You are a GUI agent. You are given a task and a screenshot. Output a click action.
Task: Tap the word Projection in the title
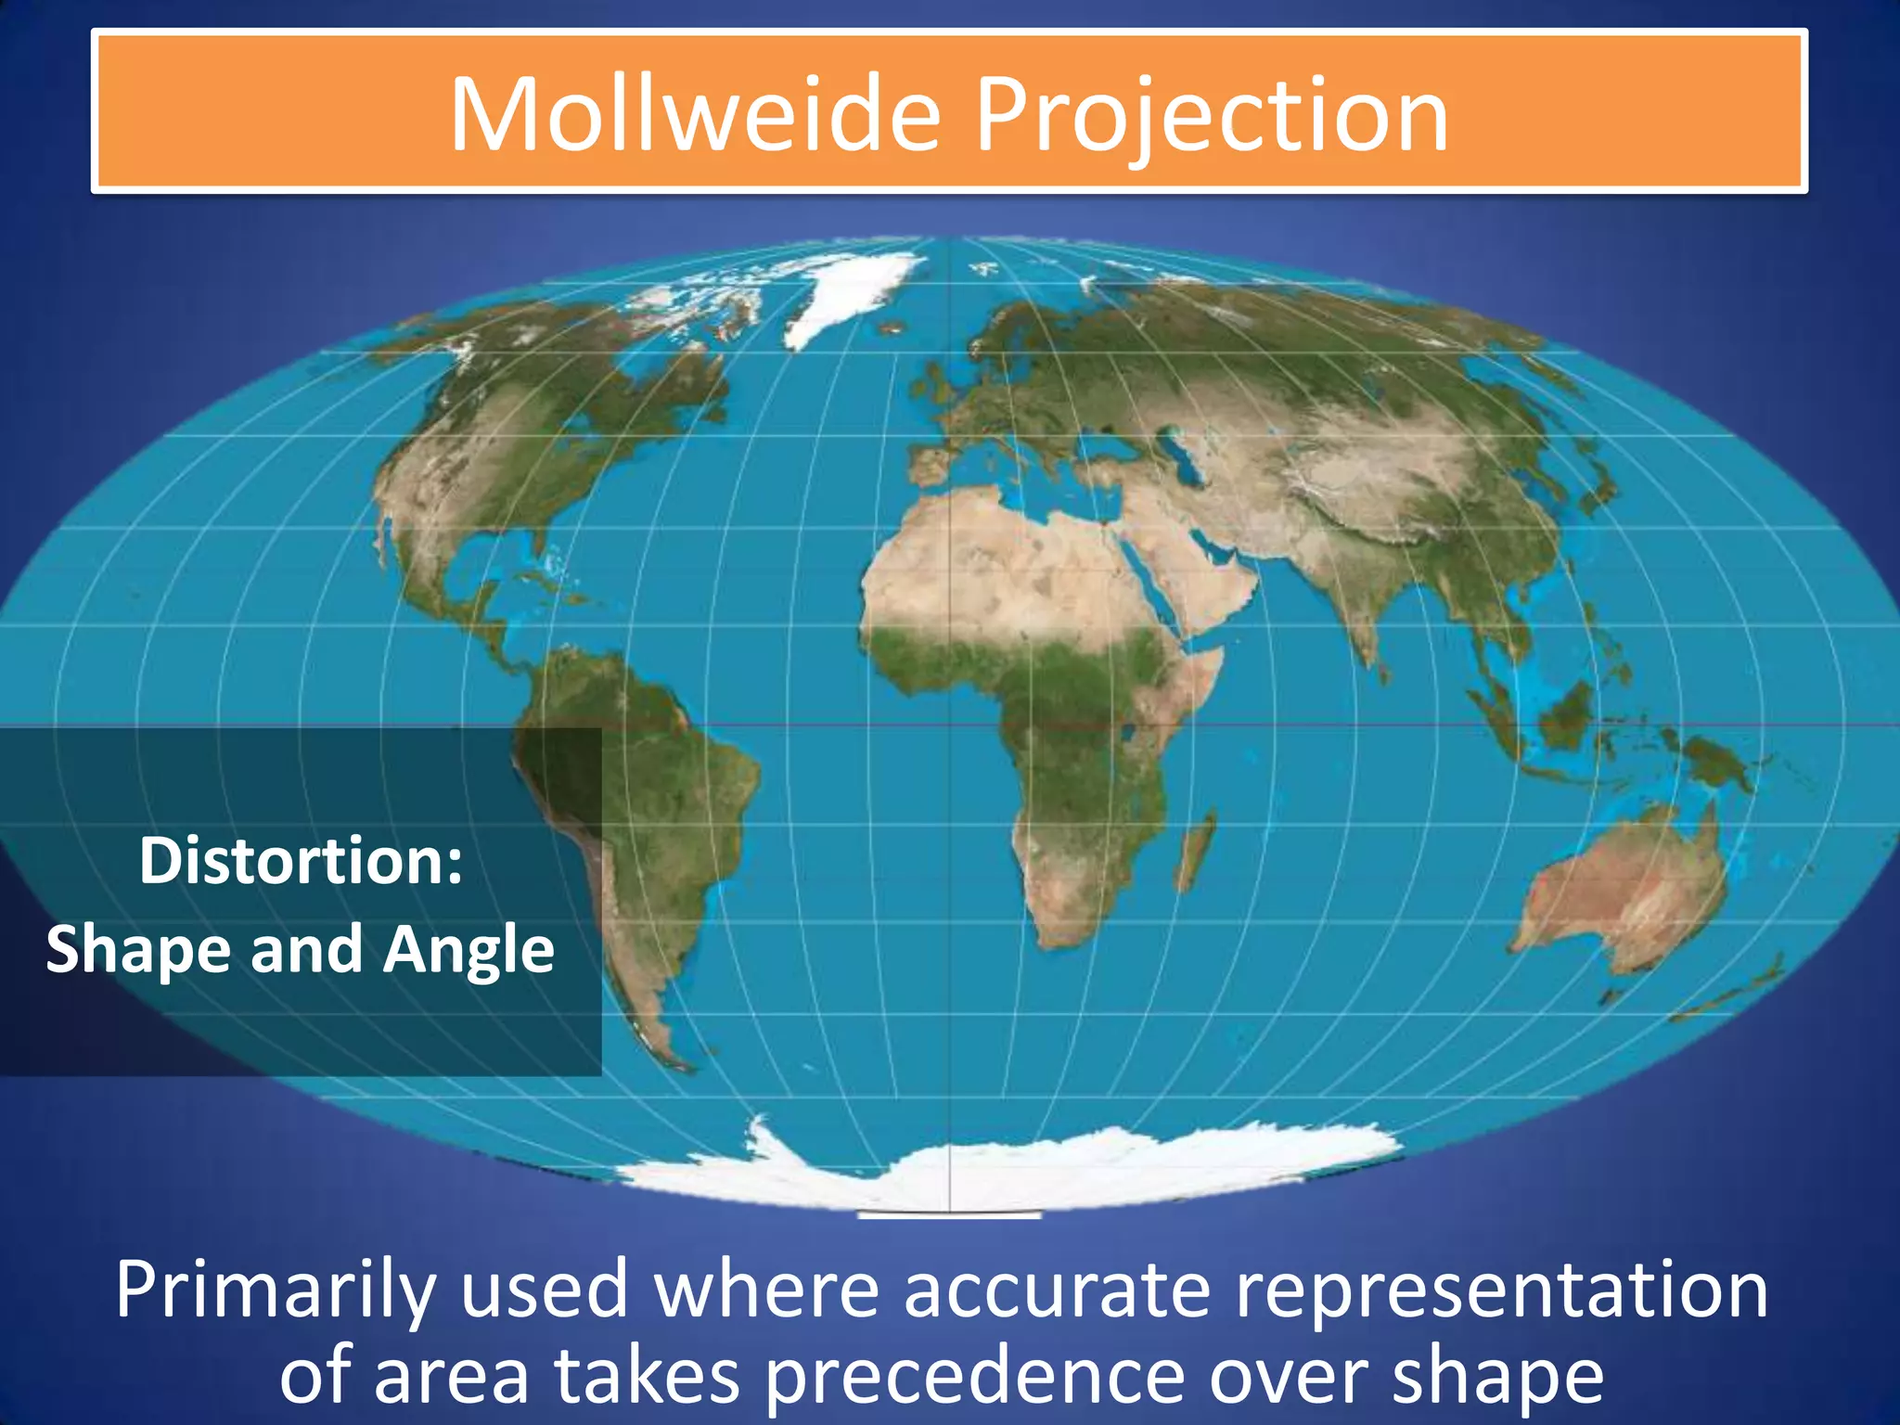click(x=1211, y=115)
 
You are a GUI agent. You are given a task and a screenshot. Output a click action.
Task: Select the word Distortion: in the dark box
click(x=301, y=861)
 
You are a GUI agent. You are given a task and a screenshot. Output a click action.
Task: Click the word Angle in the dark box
click(x=469, y=950)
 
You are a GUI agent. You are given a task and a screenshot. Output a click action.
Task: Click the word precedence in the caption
click(x=975, y=1376)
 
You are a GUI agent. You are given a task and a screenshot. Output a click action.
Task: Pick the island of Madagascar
click(x=1195, y=849)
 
